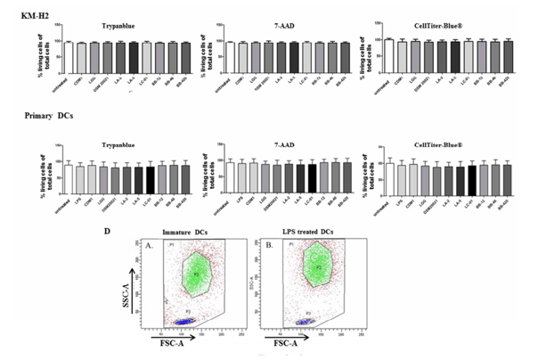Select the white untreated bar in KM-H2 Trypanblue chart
(x=67, y=55)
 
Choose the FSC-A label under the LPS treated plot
(x=287, y=343)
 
